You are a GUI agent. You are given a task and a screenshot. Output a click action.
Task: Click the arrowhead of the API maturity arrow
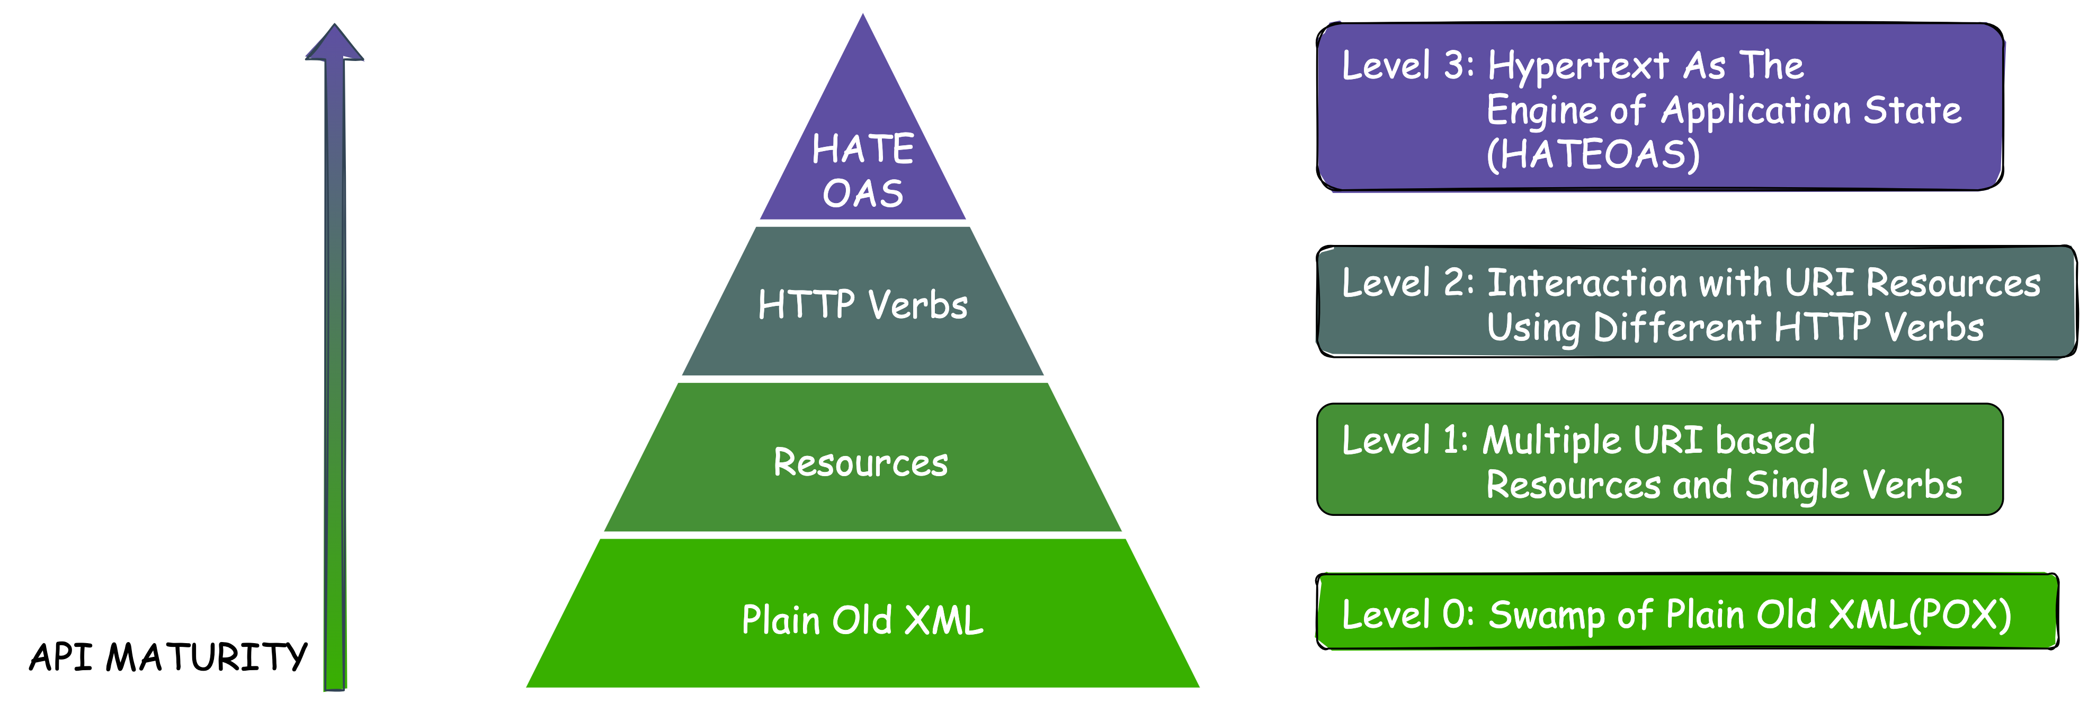[x=335, y=45]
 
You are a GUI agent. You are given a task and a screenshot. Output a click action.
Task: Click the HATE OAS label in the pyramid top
[x=863, y=171]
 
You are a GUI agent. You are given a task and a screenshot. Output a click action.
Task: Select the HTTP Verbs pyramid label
[x=863, y=304]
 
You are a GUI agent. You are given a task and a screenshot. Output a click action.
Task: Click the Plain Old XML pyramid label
[x=863, y=620]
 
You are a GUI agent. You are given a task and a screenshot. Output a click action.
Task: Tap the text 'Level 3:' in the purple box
[x=1407, y=65]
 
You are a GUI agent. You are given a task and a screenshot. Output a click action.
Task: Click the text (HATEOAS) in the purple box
[x=1593, y=155]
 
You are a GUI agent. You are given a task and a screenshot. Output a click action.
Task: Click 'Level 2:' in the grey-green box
[x=1407, y=283]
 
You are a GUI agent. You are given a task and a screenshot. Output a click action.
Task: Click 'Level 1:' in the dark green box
[x=1404, y=441]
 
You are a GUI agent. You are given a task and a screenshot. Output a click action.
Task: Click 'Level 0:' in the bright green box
[x=1407, y=615]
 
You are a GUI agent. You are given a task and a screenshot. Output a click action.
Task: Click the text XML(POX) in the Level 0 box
[x=1920, y=615]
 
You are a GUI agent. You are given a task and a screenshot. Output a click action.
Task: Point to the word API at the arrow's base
[x=61, y=656]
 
